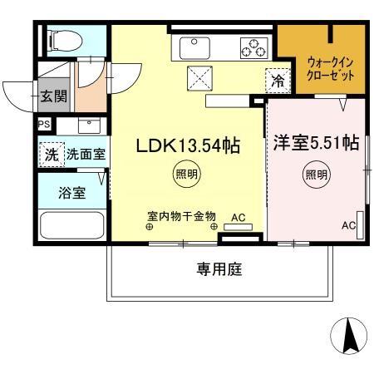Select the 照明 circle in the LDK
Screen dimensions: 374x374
(x=186, y=175)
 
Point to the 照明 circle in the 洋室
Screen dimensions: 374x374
(x=316, y=175)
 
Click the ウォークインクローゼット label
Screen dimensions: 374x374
(x=331, y=68)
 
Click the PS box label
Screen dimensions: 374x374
(x=43, y=125)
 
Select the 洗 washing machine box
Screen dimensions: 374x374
(x=51, y=154)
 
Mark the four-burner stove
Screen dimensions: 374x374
(x=253, y=48)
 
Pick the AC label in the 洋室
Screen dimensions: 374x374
(x=349, y=225)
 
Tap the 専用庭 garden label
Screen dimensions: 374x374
(x=219, y=268)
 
